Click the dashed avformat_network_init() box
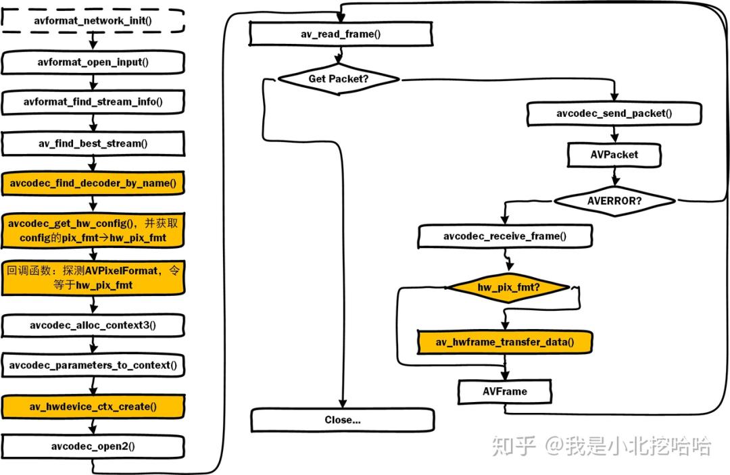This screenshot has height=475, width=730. [93, 20]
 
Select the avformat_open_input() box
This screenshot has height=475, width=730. [93, 62]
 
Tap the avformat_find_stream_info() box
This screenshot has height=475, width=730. [93, 102]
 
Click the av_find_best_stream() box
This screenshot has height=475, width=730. [93, 143]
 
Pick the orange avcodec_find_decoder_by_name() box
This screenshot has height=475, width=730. [93, 183]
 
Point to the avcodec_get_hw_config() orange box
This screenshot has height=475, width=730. [93, 230]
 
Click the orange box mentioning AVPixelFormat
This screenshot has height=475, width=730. [93, 278]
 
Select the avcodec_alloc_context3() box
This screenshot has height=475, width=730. [93, 325]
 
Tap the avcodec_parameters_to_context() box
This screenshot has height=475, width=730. [93, 366]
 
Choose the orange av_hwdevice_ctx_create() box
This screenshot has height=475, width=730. [93, 406]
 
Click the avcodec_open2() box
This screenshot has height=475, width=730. [93, 446]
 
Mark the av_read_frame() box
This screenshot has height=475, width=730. [340, 34]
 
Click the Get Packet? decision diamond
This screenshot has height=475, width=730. [339, 79]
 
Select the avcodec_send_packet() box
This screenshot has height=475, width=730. [614, 114]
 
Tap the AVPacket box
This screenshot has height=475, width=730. [613, 154]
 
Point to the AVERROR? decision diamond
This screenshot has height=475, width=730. [614, 201]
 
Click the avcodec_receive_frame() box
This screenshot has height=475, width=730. [505, 236]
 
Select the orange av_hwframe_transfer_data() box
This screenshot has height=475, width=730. [504, 342]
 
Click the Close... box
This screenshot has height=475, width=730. [342, 420]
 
